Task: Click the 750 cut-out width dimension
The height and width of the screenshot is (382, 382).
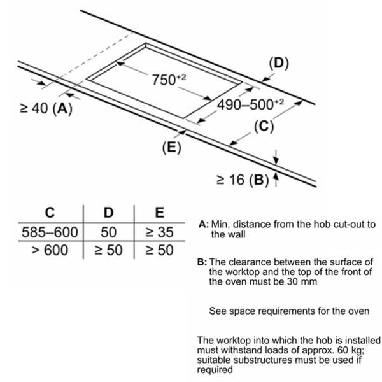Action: (x=169, y=80)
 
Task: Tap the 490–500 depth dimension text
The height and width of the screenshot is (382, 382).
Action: (x=250, y=105)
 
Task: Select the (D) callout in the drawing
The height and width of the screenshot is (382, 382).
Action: (x=279, y=64)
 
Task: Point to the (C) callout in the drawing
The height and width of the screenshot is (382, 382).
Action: (x=264, y=127)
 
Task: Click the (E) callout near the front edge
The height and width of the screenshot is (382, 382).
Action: (x=172, y=148)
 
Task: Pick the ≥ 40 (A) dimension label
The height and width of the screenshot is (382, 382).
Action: (x=46, y=108)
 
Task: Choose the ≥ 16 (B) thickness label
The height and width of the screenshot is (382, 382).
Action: (x=243, y=180)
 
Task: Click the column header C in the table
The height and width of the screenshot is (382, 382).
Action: (x=50, y=213)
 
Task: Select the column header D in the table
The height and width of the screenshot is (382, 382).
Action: (x=109, y=213)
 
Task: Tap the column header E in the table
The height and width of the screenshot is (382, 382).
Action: (x=160, y=213)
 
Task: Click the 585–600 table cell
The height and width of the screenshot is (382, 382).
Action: (x=50, y=232)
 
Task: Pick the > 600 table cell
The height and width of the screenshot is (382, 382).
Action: (x=50, y=250)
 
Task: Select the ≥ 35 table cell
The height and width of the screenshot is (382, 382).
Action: (x=160, y=232)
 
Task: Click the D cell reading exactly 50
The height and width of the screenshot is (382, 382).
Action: (x=109, y=232)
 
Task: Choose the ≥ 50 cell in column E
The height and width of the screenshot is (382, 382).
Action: (x=160, y=250)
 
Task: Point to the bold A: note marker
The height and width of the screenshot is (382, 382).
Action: (x=204, y=224)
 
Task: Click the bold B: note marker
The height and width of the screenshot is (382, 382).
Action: (x=202, y=262)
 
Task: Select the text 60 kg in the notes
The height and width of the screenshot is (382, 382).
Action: (x=350, y=350)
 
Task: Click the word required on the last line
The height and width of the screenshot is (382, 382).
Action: (x=215, y=369)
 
